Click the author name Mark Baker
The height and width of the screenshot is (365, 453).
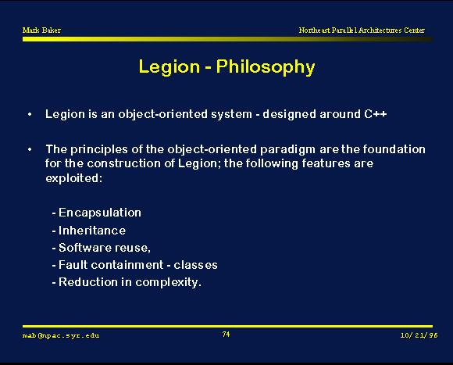[x=41, y=30]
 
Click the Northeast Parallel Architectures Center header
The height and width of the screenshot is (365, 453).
[x=362, y=30]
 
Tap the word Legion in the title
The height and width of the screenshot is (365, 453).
[x=169, y=66]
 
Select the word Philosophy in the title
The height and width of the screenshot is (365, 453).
[x=266, y=67]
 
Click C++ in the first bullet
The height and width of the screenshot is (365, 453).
[x=375, y=114]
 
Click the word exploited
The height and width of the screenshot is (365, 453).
[x=73, y=178]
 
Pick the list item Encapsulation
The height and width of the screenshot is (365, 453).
[x=100, y=213]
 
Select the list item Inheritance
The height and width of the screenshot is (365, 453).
[x=92, y=231]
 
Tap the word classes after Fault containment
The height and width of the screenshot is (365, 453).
[x=195, y=265]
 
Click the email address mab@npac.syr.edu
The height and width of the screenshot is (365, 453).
[x=61, y=335]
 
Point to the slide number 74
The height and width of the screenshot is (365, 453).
[x=226, y=335]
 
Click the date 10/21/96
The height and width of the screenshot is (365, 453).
[x=419, y=335]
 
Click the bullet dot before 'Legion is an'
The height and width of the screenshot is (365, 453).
[x=30, y=115]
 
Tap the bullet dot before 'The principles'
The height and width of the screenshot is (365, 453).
[x=30, y=150]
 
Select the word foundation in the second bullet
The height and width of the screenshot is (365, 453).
[x=394, y=149]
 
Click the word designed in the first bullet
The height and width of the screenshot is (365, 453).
[x=290, y=114]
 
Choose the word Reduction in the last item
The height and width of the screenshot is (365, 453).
[x=88, y=282]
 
